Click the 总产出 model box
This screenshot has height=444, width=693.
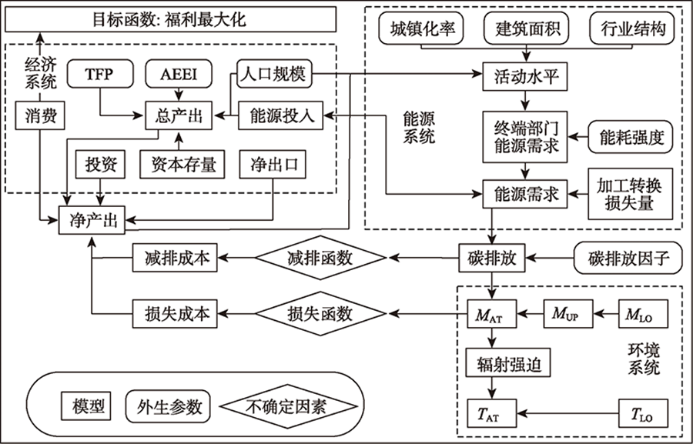coord(179,116)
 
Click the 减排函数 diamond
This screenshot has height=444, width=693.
coord(320,257)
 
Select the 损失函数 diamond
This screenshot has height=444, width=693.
coord(320,313)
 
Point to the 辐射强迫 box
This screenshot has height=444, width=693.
coord(503,364)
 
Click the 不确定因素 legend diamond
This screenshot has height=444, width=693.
coord(286,404)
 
